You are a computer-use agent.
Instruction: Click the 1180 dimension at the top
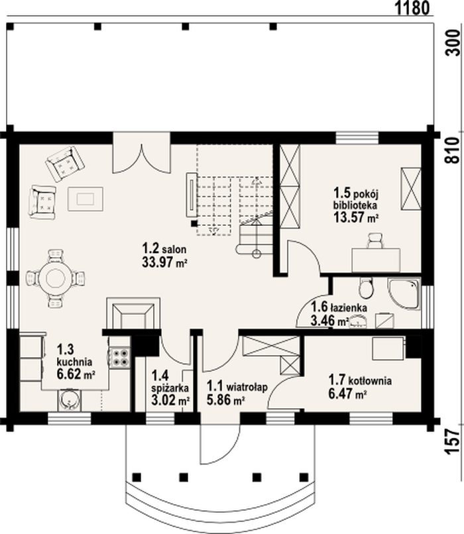pyautogui.click(x=412, y=8)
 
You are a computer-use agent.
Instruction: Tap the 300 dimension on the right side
pyautogui.click(x=453, y=43)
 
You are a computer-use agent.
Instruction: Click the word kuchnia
pyautogui.click(x=74, y=361)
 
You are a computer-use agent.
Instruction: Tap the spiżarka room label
pyautogui.click(x=170, y=388)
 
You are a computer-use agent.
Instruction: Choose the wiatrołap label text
pyautogui.click(x=247, y=387)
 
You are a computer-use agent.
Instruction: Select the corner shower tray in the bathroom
pyautogui.click(x=404, y=294)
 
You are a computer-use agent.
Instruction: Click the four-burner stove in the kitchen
pyautogui.click(x=119, y=357)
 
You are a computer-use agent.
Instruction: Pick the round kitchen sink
pyautogui.click(x=70, y=400)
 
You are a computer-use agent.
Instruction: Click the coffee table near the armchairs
pyautogui.click(x=85, y=199)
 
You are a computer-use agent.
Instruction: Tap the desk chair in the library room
pyautogui.click(x=375, y=240)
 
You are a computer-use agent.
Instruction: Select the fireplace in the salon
pyautogui.click(x=133, y=313)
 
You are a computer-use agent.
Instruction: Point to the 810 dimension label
pyautogui.click(x=453, y=150)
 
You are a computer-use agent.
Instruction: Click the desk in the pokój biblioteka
pyautogui.click(x=376, y=260)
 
